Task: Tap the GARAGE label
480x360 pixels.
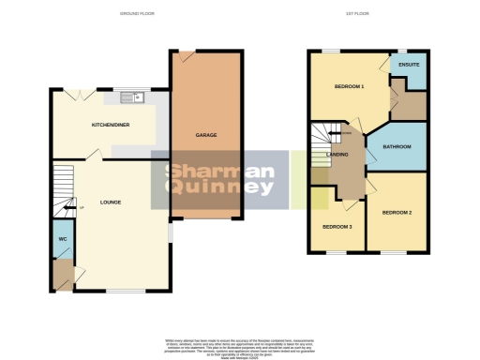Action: (x=206, y=135)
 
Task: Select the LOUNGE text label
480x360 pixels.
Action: (x=111, y=202)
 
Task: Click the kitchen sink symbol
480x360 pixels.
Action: (x=130, y=96)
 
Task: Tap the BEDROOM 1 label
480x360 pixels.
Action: (x=349, y=86)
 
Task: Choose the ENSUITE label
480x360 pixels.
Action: (x=409, y=66)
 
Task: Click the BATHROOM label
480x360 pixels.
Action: (x=397, y=147)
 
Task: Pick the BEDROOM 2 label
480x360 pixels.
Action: (x=397, y=213)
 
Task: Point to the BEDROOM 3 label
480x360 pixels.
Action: (x=337, y=227)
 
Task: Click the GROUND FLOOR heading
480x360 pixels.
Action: (x=138, y=15)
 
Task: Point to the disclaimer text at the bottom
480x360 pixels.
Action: (x=240, y=345)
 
